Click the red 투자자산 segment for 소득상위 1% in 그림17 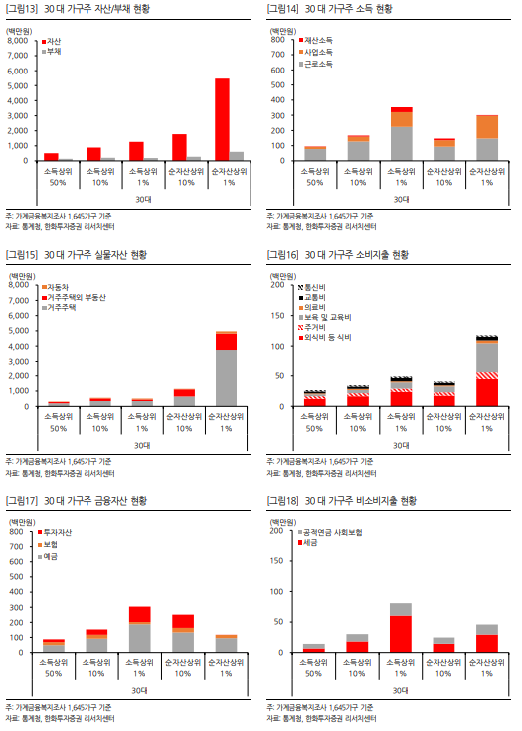pyautogui.click(x=140, y=613)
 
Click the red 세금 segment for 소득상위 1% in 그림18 pyautogui.click(x=401, y=634)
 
